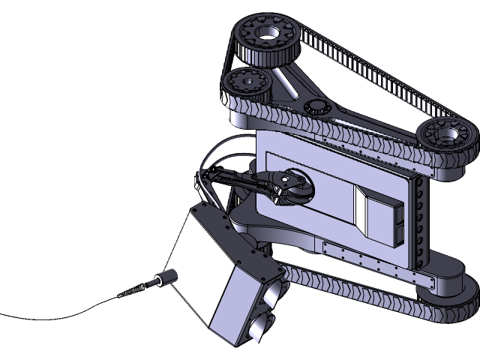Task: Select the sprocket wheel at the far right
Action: tap(442, 136)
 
